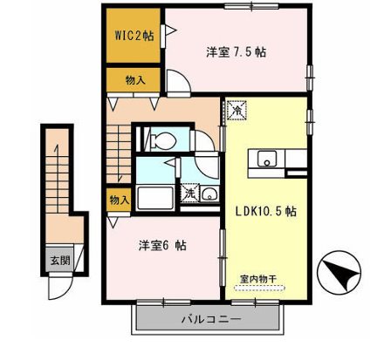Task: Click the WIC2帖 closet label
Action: point(134,37)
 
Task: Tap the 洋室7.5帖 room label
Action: point(236,52)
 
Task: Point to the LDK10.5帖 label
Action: point(264,211)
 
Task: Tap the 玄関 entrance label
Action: point(56,259)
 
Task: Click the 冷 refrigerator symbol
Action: point(235,112)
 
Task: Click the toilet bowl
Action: point(161,139)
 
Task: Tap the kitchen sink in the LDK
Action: point(266,159)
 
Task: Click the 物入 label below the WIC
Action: point(135,80)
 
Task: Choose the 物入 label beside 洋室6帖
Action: point(119,200)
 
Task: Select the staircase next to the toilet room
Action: point(119,148)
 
